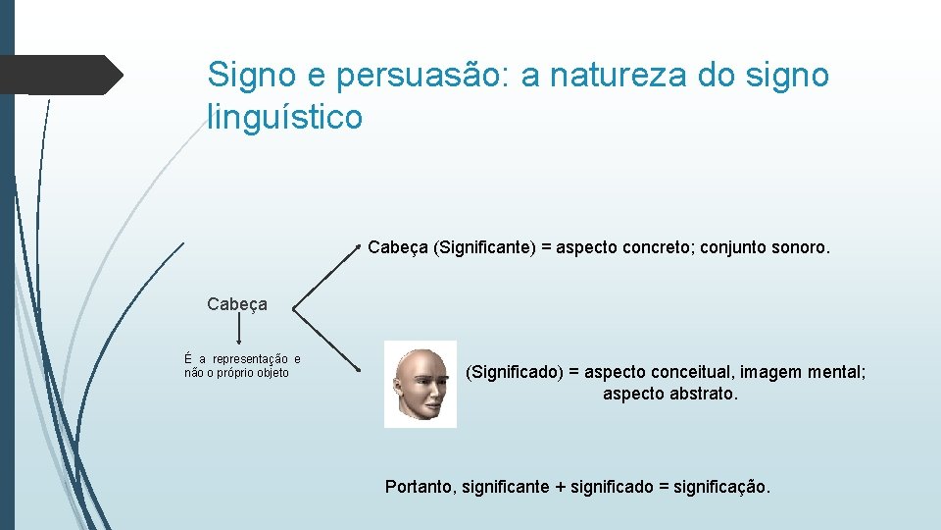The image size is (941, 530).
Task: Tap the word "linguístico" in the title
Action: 285,118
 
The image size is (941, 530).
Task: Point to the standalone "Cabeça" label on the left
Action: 237,304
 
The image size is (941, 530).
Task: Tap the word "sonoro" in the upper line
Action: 800,248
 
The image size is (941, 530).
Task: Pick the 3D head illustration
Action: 421,384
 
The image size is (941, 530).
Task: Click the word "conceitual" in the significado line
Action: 694,372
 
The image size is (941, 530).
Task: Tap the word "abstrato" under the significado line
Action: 700,394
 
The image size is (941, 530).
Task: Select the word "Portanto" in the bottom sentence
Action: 420,486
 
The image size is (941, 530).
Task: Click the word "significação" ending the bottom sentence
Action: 722,486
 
